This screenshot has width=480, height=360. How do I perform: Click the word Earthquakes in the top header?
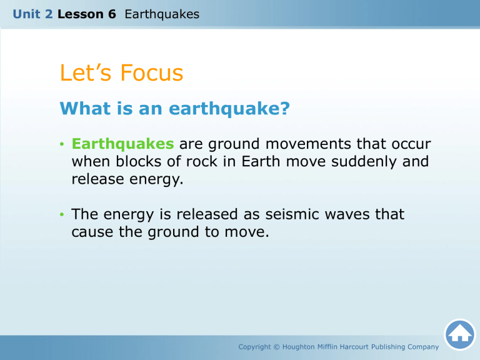(x=162, y=13)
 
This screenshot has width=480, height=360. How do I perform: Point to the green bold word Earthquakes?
(x=123, y=144)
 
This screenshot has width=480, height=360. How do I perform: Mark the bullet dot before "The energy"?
(x=62, y=216)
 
